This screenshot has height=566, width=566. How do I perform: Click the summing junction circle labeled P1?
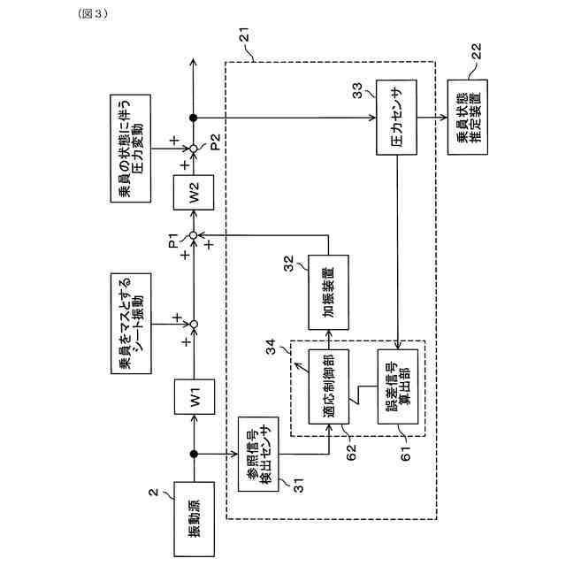tap(193, 234)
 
